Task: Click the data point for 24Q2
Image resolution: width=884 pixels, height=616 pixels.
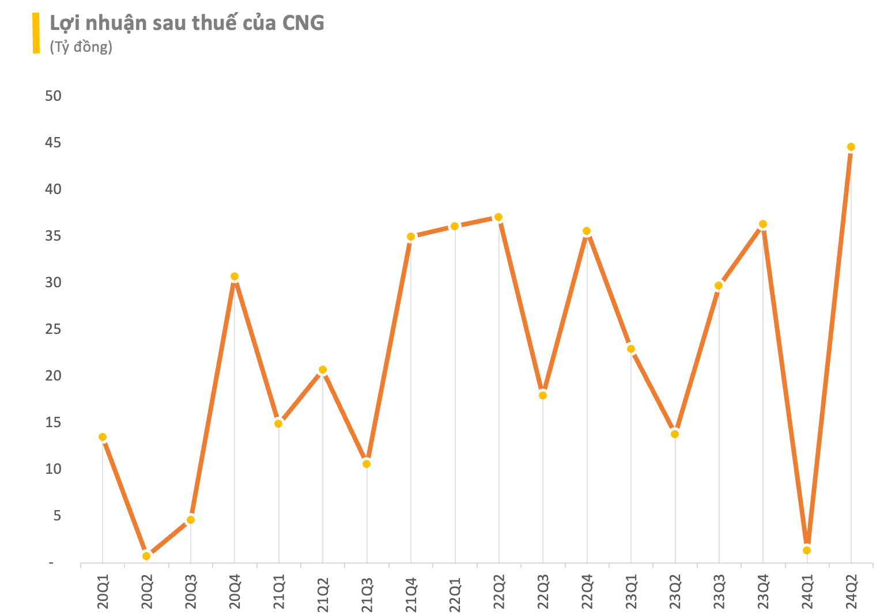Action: coord(851,147)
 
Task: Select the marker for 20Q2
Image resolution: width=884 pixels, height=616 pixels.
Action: coord(146,556)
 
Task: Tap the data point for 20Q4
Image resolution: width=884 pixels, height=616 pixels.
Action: coord(235,276)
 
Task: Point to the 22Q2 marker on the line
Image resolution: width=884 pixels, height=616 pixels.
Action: coord(498,217)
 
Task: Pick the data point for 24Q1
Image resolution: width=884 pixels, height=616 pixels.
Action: coord(807,550)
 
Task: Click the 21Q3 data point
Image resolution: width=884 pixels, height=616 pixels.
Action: coord(367,463)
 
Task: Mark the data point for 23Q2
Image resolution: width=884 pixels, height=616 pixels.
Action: coord(675,434)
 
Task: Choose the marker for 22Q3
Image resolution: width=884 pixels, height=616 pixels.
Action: coord(542,395)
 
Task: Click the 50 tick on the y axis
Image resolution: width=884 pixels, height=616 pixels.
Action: coord(53,96)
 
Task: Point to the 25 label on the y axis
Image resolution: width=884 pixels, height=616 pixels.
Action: coord(53,329)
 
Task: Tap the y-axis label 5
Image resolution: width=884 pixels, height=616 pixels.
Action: coord(57,516)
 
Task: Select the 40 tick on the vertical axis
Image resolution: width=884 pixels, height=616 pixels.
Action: coord(53,189)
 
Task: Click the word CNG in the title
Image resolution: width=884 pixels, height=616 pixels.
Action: coord(303,23)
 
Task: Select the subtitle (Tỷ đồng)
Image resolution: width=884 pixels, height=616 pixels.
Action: coord(81,47)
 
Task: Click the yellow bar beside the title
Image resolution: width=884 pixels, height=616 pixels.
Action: coord(36,33)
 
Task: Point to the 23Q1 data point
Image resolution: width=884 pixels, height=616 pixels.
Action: coord(631,348)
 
